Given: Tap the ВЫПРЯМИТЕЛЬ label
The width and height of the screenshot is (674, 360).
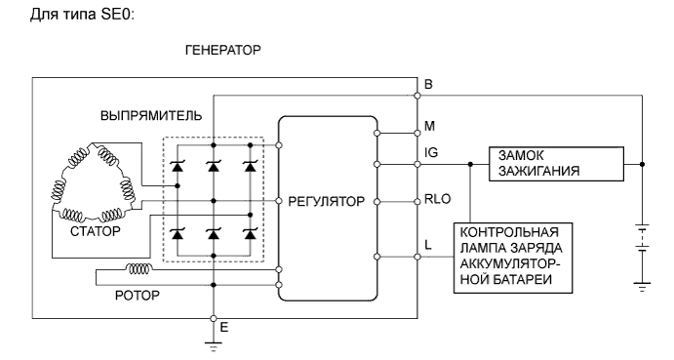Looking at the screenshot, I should point(151,116).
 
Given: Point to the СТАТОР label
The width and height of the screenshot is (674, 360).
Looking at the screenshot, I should point(95,232).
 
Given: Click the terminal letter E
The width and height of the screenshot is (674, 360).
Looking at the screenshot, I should point(222,327).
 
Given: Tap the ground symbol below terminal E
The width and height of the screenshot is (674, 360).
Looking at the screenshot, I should point(212,342).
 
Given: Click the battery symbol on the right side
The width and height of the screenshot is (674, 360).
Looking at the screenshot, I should point(641,240).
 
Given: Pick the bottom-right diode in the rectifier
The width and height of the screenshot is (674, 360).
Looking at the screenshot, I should point(250,234).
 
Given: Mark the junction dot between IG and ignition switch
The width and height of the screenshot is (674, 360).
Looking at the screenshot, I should point(470,164).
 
